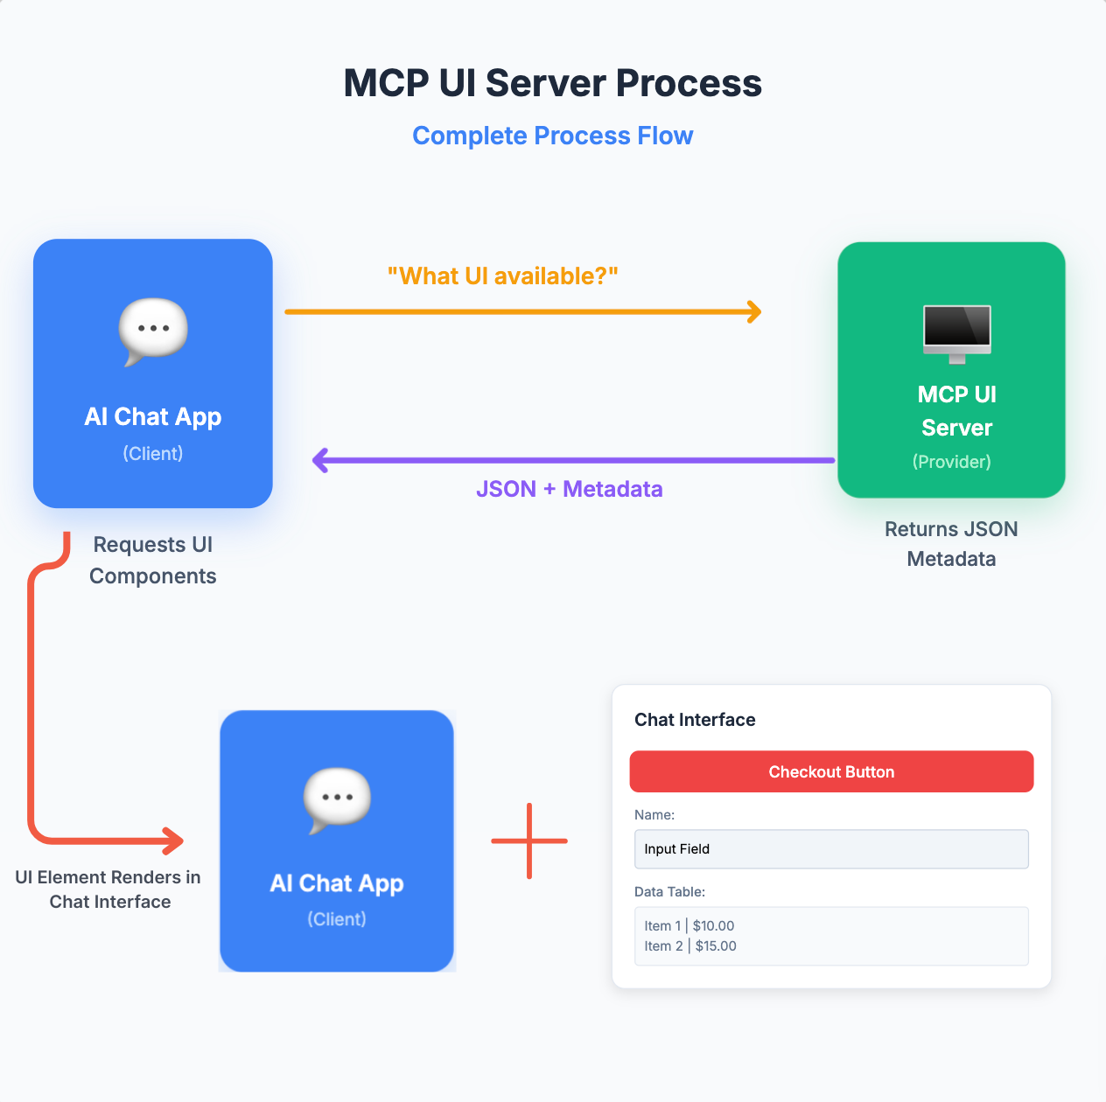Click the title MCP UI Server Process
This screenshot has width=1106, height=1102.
[x=552, y=83]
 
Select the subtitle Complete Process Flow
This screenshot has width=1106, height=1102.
[x=552, y=136]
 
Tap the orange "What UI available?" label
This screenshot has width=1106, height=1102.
[x=503, y=276]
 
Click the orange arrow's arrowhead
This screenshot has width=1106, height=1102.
[x=754, y=311]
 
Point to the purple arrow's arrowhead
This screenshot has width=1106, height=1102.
[x=320, y=460]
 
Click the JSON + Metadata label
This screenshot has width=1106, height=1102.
[x=570, y=489]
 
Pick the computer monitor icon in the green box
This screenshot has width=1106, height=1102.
[x=956, y=334]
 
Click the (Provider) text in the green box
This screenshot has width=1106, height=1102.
[x=952, y=462]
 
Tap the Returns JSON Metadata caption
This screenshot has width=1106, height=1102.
[x=951, y=543]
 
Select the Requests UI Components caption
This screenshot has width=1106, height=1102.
[x=152, y=560]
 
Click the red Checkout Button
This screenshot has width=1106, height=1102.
[x=831, y=771]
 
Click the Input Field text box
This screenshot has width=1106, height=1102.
[x=831, y=849]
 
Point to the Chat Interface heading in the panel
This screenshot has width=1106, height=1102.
[x=695, y=720]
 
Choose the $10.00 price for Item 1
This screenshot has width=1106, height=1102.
[x=713, y=926]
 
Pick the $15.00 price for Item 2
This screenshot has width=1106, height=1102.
[x=716, y=946]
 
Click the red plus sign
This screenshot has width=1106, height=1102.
[x=529, y=840]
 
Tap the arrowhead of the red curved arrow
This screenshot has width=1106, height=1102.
[x=174, y=840]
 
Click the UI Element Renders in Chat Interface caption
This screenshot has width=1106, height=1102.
[x=108, y=889]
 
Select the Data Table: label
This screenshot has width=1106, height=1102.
[x=669, y=892]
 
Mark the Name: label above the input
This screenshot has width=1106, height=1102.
[x=654, y=815]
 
